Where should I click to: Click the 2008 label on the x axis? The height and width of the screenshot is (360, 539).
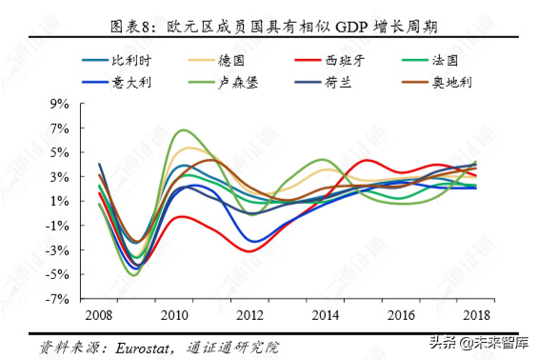pyautogui.click(x=99, y=314)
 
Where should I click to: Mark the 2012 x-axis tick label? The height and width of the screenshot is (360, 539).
pyautogui.click(x=249, y=314)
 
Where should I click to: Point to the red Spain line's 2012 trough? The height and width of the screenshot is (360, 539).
pyautogui.click(x=250, y=250)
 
